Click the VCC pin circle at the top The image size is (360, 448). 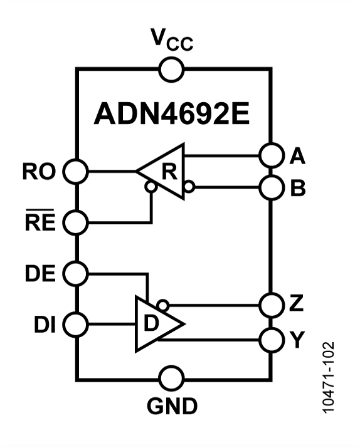click(x=172, y=69)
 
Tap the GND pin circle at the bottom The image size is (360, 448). click(x=172, y=379)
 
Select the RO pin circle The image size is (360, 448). click(x=77, y=170)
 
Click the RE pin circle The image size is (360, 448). click(x=77, y=222)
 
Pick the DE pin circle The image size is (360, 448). click(x=77, y=273)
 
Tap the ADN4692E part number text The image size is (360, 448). click(x=172, y=114)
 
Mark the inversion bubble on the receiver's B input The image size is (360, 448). click(x=189, y=186)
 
